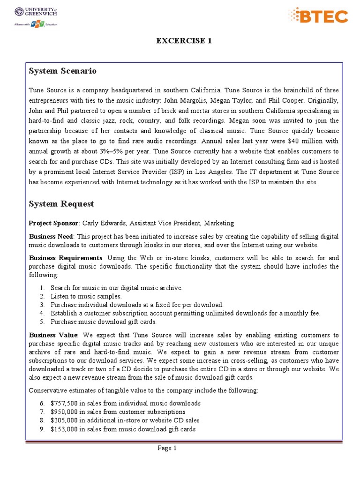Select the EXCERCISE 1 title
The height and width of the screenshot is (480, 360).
coord(184,41)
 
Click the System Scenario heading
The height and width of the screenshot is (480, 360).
coord(62,71)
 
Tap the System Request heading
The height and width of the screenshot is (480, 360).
coord(61,204)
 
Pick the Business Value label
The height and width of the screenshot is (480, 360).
coord(53,335)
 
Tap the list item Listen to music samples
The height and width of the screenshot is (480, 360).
coord(86,296)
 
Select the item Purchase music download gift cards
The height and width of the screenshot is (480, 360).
coord(104,322)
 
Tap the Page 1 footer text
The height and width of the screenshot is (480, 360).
coord(167,449)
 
